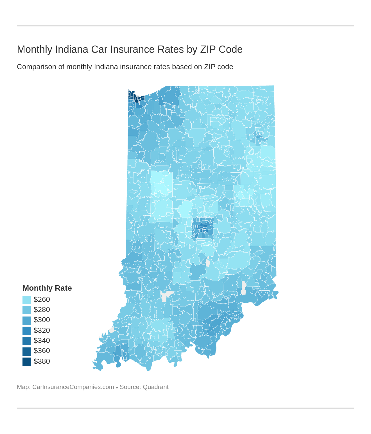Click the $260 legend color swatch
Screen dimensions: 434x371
27,300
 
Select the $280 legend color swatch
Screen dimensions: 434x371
27,310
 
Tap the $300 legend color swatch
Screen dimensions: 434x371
27,320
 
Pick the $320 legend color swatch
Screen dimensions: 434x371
27,331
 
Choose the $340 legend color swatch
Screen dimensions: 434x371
27,341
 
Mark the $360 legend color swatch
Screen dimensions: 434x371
27,351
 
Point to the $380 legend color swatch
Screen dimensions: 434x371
27,361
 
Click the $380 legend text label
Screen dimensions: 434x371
42,361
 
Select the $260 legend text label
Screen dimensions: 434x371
42,300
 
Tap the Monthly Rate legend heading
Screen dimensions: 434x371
47,288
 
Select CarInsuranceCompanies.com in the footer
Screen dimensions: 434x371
73,387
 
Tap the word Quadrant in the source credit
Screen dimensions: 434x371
155,387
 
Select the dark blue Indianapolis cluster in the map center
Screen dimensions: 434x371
203,228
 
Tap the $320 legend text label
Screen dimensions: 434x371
42,331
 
